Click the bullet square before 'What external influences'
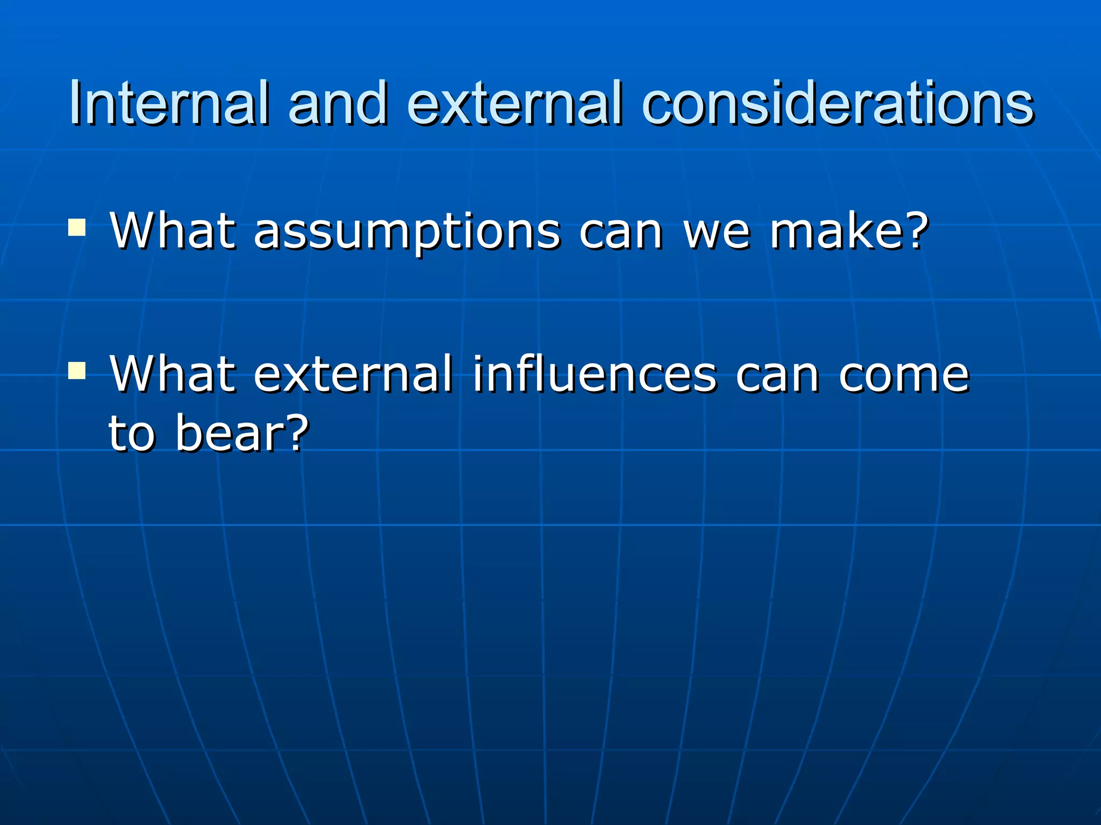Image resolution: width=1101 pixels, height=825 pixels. coord(77,371)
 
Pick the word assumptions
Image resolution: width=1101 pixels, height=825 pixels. coord(407,232)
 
